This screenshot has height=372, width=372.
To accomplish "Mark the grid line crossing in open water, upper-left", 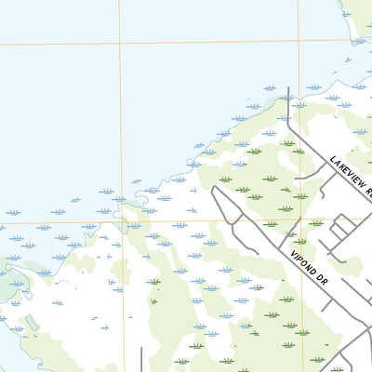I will (x=119, y=42).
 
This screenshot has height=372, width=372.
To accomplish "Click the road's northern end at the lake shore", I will (x=290, y=91).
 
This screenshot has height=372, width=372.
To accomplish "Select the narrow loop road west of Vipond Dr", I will (x=223, y=209).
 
